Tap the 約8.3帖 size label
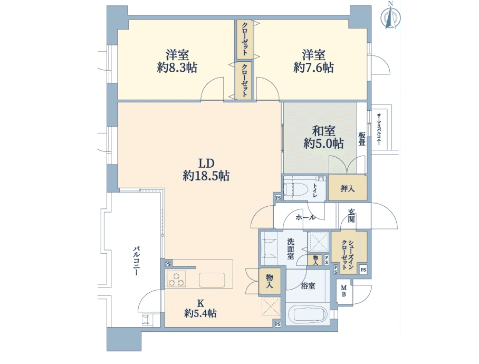tap(177, 68)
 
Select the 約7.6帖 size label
tap(313, 68)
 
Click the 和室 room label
tap(323, 131)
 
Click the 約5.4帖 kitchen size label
tap(200, 313)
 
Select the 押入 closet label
tap(348, 189)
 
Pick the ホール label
tap(305, 217)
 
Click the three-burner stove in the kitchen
tap(176, 279)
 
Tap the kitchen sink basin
tap(212, 280)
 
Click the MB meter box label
tap(343, 291)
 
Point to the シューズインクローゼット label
tap(347, 251)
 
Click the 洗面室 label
tap(291, 249)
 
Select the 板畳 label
tap(362, 139)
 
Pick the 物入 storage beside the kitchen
tap(269, 281)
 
